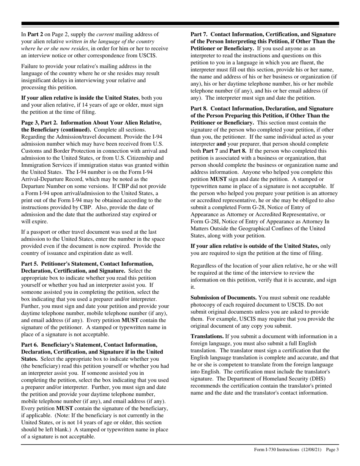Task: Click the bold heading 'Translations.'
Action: pos(207,336)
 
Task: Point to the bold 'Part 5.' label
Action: pos(30,264)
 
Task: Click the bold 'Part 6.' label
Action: pos(30,345)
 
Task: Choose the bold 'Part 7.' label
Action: pos(199,34)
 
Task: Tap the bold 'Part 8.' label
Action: pos(199,109)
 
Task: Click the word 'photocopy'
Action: pos(203,305)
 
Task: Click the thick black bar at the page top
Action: pos(180,24)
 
